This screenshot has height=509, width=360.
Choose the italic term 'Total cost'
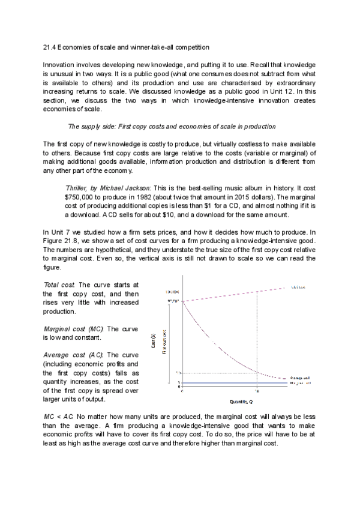coord(59,285)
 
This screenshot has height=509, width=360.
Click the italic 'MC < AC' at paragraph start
coord(58,415)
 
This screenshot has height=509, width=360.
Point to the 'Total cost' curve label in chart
coord(299,287)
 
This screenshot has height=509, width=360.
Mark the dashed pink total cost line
coord(240,294)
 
